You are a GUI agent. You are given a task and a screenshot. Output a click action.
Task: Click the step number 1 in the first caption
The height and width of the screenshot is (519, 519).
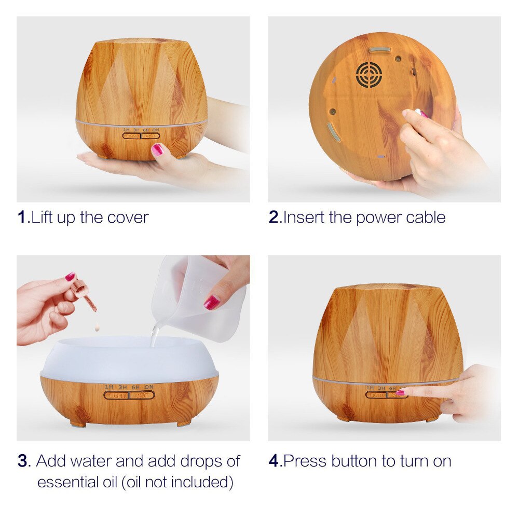(22, 217)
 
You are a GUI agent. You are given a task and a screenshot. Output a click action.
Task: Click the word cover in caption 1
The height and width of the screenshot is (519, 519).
(128, 217)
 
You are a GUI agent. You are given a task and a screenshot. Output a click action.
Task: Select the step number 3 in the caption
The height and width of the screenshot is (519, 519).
(22, 461)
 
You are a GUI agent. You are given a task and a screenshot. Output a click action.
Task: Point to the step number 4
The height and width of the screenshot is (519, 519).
(274, 461)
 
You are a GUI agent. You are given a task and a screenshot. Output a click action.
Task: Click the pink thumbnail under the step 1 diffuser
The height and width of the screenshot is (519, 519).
(157, 149)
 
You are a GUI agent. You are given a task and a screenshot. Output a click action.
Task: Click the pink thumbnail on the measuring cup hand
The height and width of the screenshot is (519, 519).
(211, 302)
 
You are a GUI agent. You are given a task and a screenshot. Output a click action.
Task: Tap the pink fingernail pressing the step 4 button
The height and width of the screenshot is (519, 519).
(401, 393)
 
